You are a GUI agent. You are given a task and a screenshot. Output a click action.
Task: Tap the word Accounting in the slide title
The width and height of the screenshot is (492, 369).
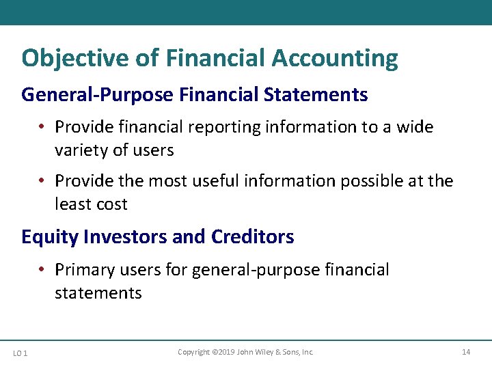point(335,59)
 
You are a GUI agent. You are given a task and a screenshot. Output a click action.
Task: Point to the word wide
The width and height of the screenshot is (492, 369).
point(415,127)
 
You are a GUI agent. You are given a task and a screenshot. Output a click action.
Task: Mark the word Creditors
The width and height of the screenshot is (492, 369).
point(252,237)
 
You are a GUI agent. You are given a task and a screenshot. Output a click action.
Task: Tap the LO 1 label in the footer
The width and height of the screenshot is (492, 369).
point(20,353)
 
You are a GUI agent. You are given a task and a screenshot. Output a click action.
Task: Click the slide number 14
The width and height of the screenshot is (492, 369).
point(466,352)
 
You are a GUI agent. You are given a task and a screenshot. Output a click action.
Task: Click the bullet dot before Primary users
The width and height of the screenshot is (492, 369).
point(42,270)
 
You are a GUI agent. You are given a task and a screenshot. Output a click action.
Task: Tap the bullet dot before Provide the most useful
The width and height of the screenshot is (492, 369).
point(42,181)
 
